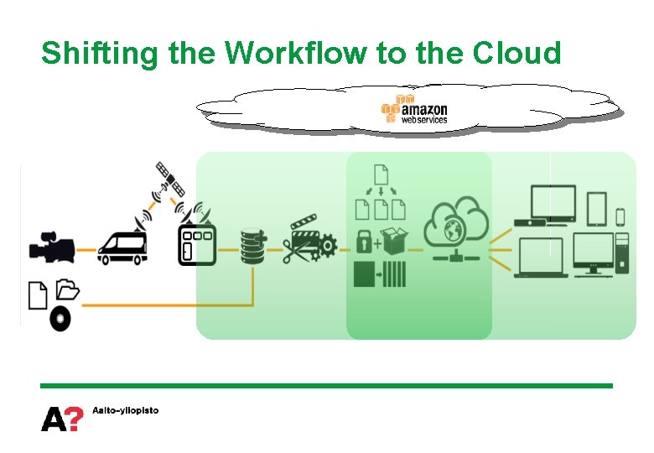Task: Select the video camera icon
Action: click(51, 247)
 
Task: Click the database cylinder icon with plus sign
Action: click(252, 244)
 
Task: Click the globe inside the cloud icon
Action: click(456, 229)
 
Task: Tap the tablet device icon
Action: click(596, 209)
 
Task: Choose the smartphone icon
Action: click(620, 216)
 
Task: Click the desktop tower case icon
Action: click(621, 255)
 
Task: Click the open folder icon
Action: click(67, 289)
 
